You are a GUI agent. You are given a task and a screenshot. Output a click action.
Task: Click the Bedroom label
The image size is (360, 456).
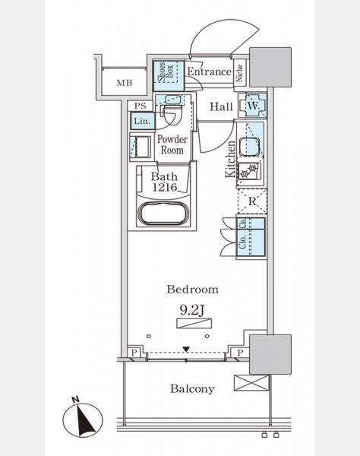pyautogui.click(x=192, y=290)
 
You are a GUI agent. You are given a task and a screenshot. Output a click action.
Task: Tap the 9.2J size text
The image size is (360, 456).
pyautogui.click(x=192, y=310)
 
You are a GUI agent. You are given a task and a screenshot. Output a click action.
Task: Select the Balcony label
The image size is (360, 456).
pyautogui.click(x=192, y=389)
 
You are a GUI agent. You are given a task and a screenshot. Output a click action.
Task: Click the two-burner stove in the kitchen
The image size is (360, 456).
pyautogui.click(x=249, y=171)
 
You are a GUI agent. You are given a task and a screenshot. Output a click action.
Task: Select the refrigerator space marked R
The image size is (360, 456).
pyautogui.click(x=252, y=201)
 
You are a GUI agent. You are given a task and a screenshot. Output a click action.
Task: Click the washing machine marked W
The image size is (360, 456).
pyautogui.click(x=252, y=106)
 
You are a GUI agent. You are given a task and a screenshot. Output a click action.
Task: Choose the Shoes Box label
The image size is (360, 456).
pyautogui.click(x=166, y=72)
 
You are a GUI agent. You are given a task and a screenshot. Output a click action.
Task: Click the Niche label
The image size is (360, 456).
pyautogui.click(x=239, y=73)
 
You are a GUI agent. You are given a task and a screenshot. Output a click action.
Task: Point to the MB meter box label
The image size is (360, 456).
pyautogui.click(x=125, y=83)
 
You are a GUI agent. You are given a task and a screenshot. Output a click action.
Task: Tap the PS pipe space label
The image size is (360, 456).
pyautogui.click(x=140, y=106)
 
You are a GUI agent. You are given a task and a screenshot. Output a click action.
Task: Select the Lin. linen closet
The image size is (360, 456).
pyautogui.click(x=142, y=121)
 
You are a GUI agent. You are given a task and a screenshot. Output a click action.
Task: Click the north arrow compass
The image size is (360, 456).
pyautogui.click(x=83, y=420)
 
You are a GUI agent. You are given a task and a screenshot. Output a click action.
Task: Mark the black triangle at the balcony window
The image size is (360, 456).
pyautogui.click(x=186, y=350)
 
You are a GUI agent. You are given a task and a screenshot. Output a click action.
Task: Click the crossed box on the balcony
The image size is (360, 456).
pyautogui.click(x=251, y=383)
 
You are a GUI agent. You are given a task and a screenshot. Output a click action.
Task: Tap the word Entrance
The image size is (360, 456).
pyautogui.click(x=209, y=71)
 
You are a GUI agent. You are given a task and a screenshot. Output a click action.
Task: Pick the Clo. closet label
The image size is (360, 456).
pyautogui.click(x=242, y=242)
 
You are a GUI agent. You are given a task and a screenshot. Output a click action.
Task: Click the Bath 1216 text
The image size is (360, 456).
pyautogui.click(x=165, y=182)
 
